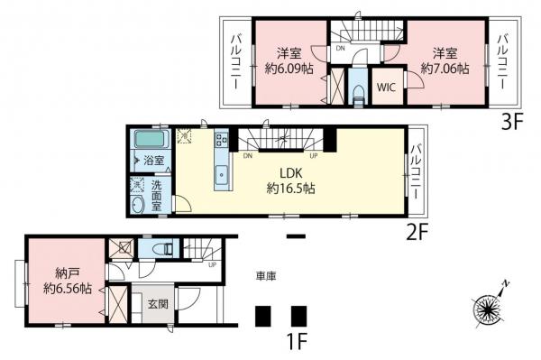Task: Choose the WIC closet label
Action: point(386,88)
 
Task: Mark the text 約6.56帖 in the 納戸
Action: point(67,290)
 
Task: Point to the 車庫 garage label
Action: point(264,276)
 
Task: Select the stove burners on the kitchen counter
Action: point(221,140)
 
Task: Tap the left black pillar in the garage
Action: point(263,316)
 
